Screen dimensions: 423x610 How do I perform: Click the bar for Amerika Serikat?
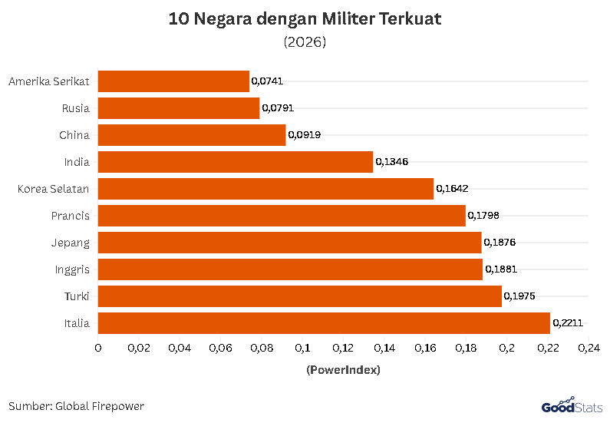(173, 81)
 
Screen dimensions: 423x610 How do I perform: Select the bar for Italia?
(324, 323)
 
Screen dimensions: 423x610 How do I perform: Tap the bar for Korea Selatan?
(265, 189)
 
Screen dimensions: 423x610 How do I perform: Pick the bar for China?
(192, 135)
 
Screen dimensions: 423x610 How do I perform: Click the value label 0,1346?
(391, 162)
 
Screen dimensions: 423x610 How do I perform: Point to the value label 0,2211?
(569, 323)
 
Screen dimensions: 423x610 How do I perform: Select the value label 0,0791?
(278, 108)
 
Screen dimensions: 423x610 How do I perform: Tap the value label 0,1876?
(500, 243)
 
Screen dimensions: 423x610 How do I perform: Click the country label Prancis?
(71, 216)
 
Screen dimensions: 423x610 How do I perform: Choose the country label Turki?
(77, 296)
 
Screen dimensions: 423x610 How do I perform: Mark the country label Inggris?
(72, 269)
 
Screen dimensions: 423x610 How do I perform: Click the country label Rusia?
(76, 108)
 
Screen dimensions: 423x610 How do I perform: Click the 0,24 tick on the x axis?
(589, 349)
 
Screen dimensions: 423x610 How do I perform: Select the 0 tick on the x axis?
(98, 349)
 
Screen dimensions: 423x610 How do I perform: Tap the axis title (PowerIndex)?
(343, 370)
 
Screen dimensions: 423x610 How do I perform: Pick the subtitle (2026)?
(305, 42)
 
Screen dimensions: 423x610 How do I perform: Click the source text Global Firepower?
(100, 406)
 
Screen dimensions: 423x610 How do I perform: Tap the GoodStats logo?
(571, 405)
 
